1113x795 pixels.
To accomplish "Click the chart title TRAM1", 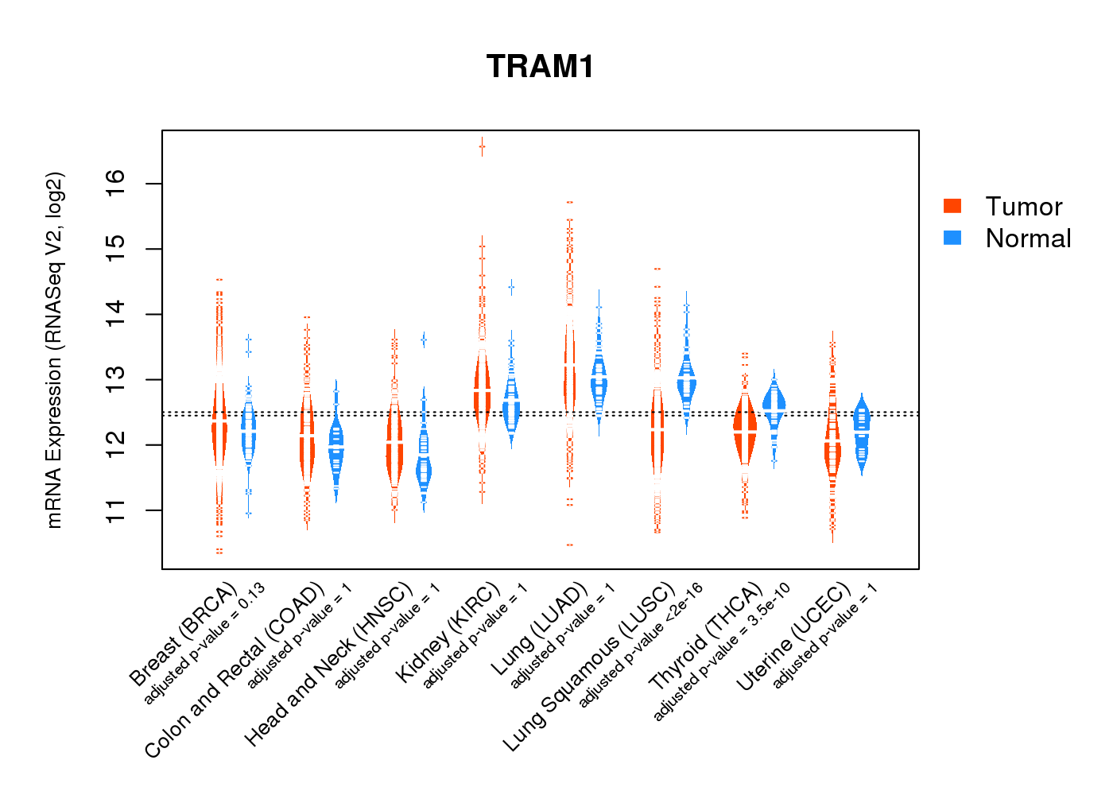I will coord(540,67).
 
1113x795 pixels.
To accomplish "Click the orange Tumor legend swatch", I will coord(952,206).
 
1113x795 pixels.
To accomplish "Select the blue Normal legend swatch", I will coord(952,238).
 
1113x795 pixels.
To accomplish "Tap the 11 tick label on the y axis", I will coord(116,510).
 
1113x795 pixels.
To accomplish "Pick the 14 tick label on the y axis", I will coord(116,314).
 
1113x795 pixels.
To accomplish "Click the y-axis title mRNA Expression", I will coord(54,350).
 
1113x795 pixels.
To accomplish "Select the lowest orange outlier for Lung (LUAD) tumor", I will coord(569,545).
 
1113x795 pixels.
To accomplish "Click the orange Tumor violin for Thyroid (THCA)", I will coord(745,429).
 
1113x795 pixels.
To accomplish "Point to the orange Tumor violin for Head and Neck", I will coord(394,445).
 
